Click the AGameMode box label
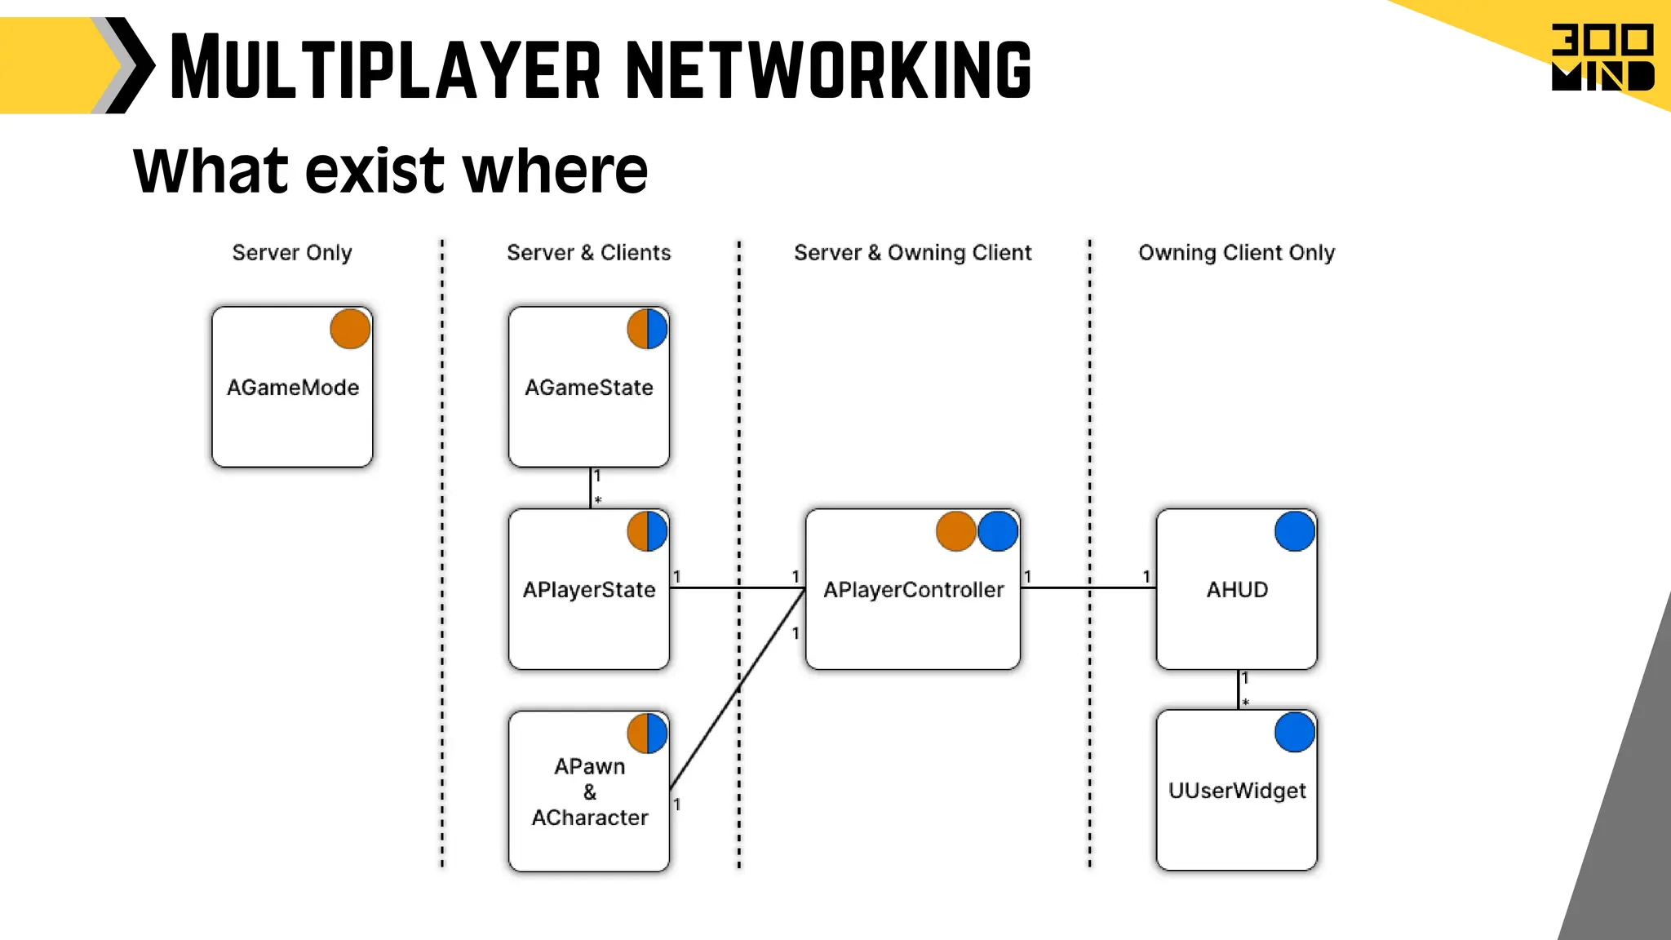coord(292,388)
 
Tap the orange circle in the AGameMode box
coord(350,329)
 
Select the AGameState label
coord(588,388)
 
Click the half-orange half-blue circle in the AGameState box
coord(647,329)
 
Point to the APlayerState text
coord(588,590)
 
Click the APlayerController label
coord(913,590)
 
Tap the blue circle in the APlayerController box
coord(997,531)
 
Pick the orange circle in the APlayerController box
coord(955,531)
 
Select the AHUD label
coord(1237,590)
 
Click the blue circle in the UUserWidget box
coord(1294,732)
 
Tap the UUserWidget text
coord(1237,791)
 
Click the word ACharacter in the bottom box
coord(589,818)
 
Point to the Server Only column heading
coord(292,253)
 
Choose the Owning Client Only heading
coord(1236,253)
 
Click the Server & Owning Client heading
coord(912,253)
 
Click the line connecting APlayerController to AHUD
coord(1088,587)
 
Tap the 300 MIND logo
coord(1602,57)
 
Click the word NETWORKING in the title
coord(828,69)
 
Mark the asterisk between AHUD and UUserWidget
coord(1245,703)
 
